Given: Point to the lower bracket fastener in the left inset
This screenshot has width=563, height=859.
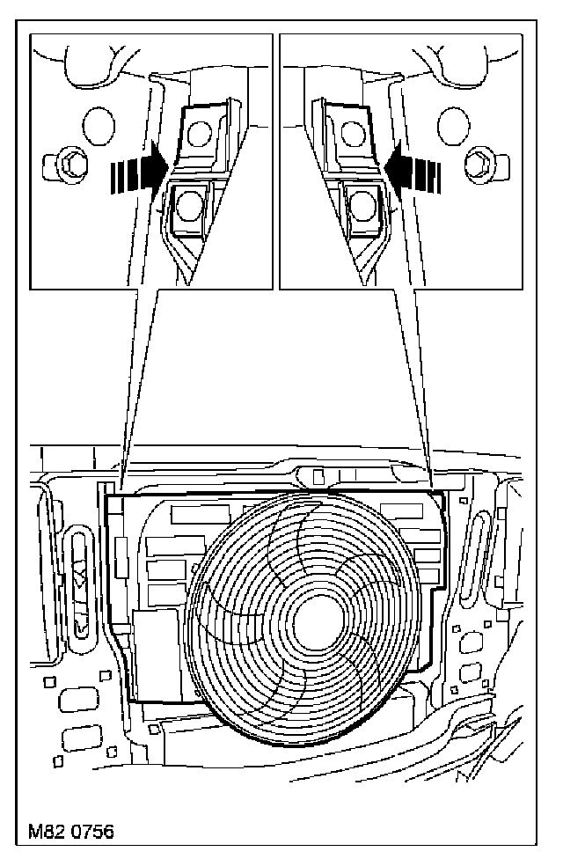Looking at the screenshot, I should coord(188,205).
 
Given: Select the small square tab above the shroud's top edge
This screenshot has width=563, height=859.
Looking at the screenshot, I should coord(318,477).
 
